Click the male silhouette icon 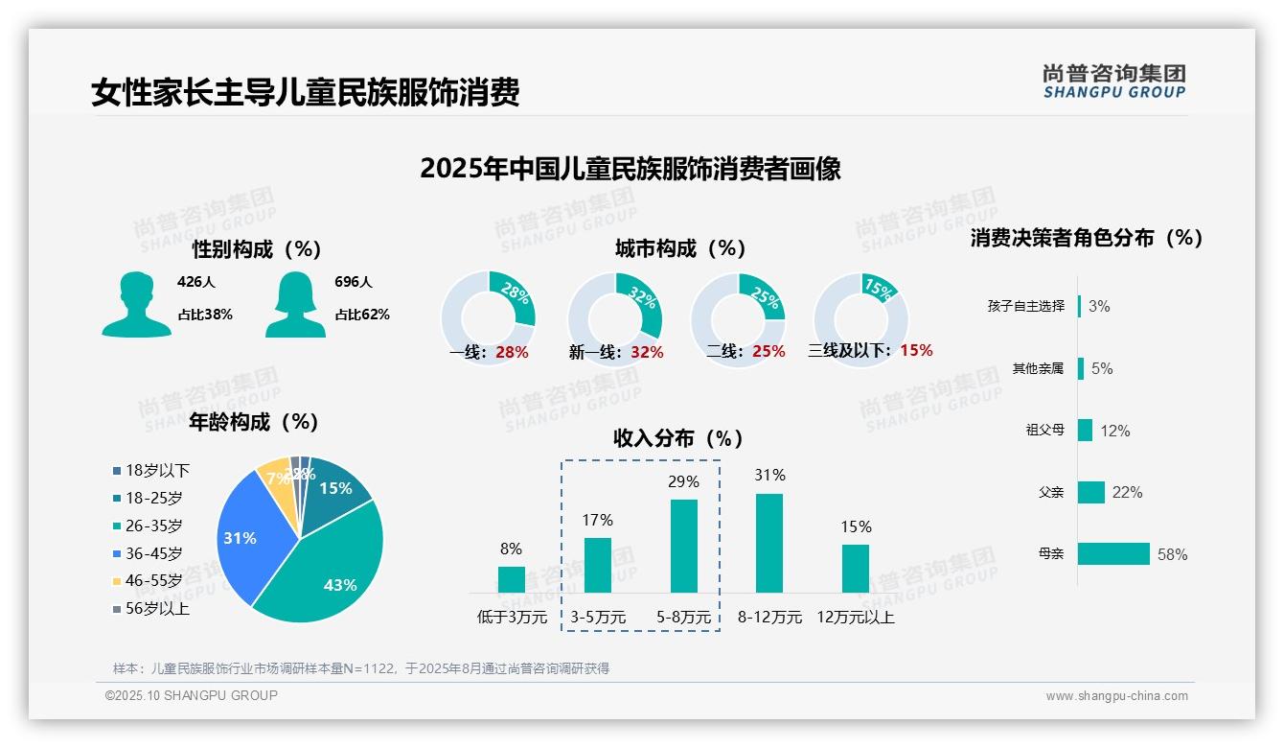point(136,305)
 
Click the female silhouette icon point(295,305)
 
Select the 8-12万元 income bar point(768,543)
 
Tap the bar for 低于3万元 point(511,579)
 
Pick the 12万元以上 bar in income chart point(855,569)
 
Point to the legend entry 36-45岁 point(153,553)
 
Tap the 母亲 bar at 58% point(1113,554)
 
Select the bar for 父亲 point(1091,492)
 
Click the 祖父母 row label point(1044,431)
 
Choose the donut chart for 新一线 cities point(614,318)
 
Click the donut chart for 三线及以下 point(860,318)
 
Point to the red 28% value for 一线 point(512,352)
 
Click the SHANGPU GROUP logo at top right point(1113,82)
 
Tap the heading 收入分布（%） point(678,438)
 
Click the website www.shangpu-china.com point(1116,696)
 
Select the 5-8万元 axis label point(683,618)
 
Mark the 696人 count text point(354,282)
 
